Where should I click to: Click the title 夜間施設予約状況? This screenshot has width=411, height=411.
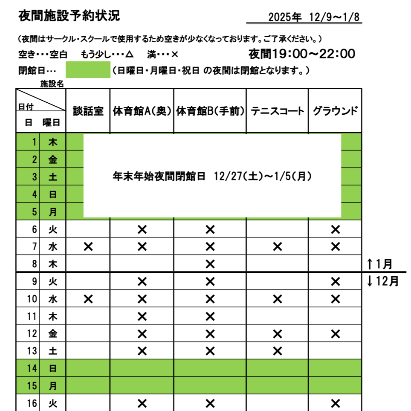(x=69, y=16)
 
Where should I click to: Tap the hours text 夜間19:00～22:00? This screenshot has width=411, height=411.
(x=302, y=54)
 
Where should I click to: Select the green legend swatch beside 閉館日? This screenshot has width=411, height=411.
(x=88, y=70)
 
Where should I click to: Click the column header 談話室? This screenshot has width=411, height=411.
(x=88, y=111)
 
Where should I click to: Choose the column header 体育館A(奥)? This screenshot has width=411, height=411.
(x=142, y=111)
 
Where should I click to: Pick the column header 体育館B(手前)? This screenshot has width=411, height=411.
(x=210, y=111)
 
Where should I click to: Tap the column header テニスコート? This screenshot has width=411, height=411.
(x=278, y=111)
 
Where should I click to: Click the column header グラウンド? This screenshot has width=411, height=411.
(x=335, y=111)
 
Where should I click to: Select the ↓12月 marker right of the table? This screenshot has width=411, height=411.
(x=382, y=281)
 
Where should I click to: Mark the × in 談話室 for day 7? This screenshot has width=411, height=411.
(x=88, y=246)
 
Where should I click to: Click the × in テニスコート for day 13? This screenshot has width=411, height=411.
(x=278, y=351)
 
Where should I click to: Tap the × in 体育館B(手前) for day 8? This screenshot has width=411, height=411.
(x=210, y=264)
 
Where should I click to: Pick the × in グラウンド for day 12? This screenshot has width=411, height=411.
(x=336, y=333)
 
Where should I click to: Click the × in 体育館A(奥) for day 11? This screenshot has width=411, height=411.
(x=142, y=316)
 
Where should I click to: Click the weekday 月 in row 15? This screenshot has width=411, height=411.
(x=53, y=386)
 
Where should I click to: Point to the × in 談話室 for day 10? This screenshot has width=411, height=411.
(x=88, y=299)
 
